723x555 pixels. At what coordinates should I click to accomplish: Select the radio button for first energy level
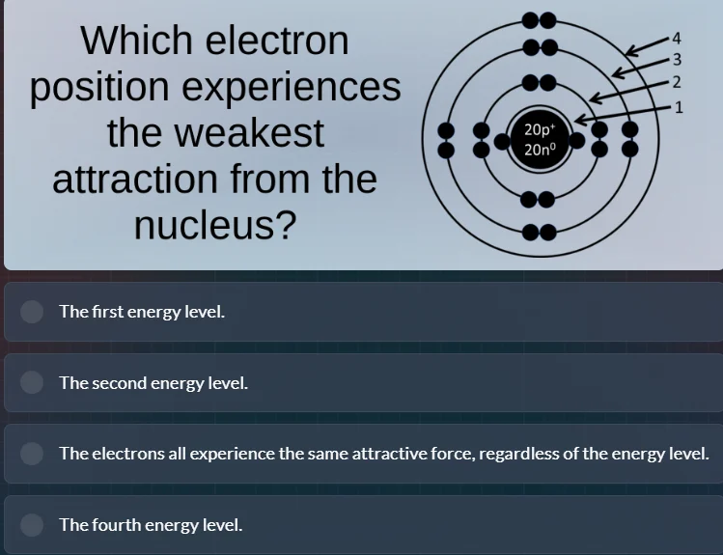[x=33, y=312]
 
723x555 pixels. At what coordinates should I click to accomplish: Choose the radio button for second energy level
[x=33, y=383]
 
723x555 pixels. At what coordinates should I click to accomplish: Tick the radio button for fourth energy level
[x=33, y=525]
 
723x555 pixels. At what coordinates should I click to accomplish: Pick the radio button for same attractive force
[x=33, y=454]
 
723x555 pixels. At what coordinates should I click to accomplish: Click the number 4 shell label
[x=677, y=39]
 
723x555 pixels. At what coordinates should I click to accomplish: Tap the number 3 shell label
[x=677, y=59]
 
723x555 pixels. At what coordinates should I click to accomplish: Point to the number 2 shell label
[x=677, y=81]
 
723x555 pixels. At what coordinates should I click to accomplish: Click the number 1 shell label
[x=679, y=106]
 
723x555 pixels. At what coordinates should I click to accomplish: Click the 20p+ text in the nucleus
[x=539, y=129]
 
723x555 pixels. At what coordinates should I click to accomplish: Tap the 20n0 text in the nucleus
[x=539, y=150]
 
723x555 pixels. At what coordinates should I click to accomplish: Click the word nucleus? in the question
[x=215, y=226]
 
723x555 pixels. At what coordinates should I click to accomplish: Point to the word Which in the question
[x=133, y=41]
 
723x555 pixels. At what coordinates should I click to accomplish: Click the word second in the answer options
[x=120, y=383]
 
